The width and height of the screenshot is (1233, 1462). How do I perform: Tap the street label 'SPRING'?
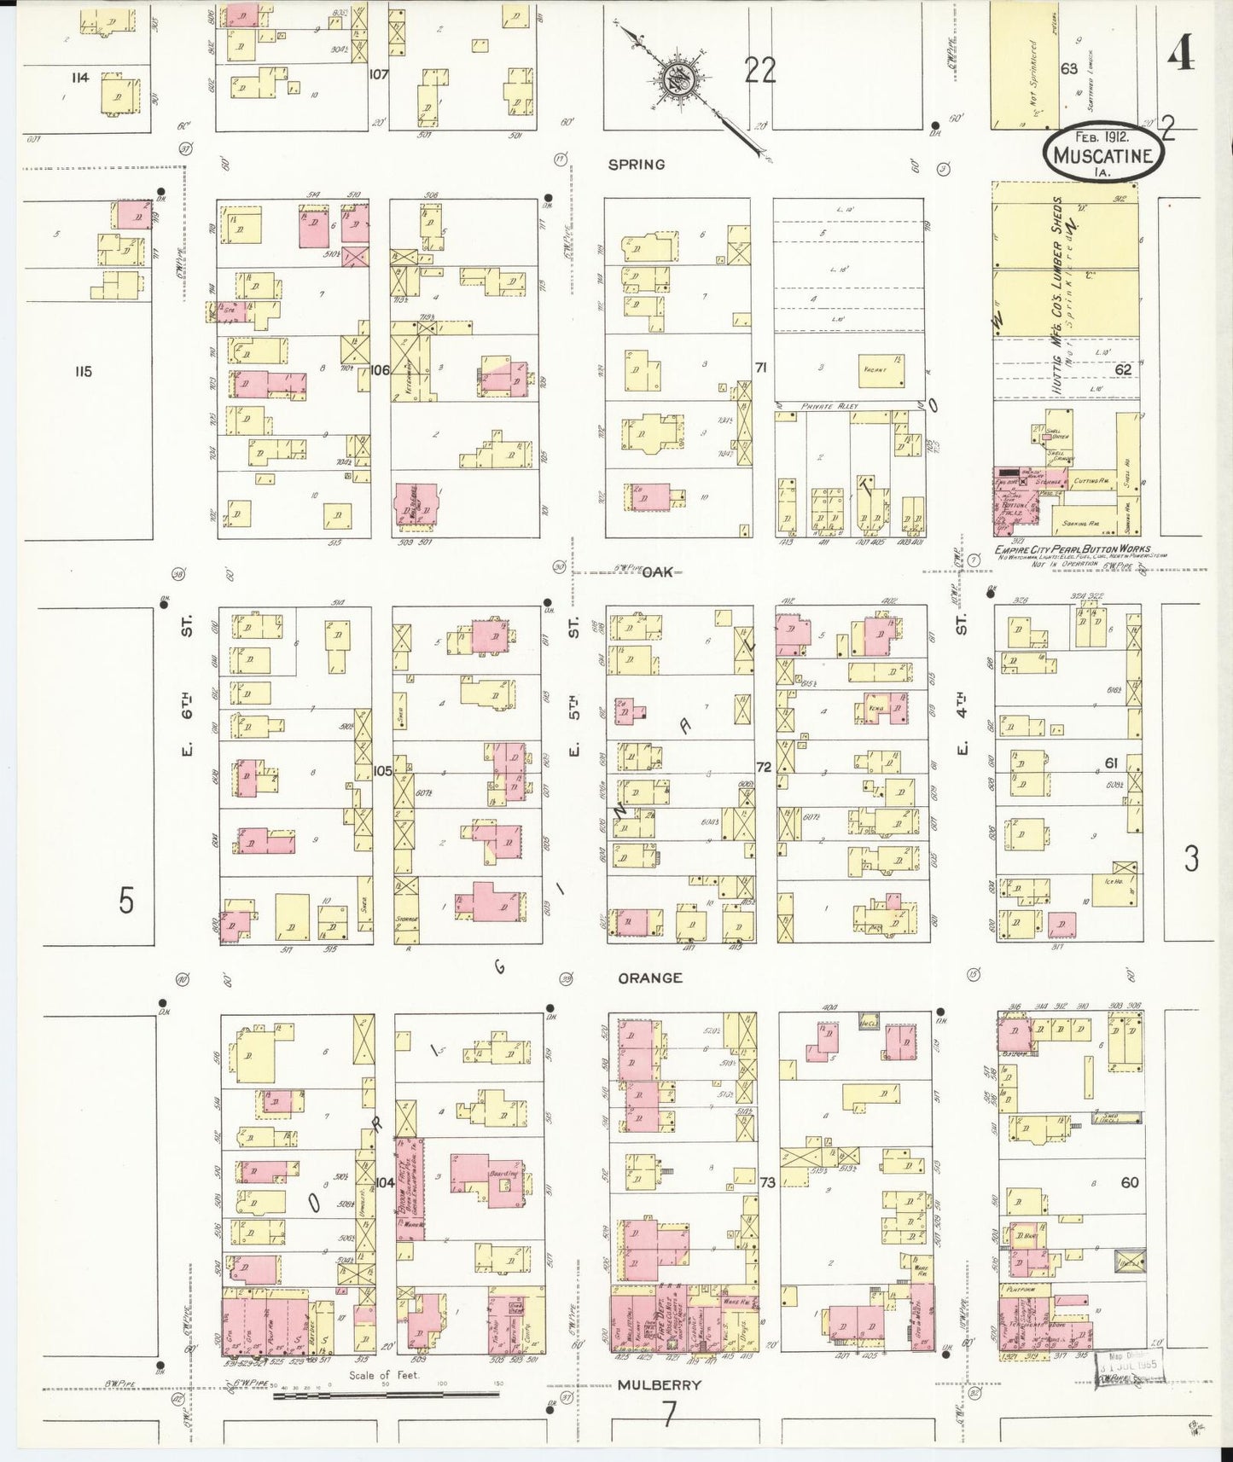(x=636, y=165)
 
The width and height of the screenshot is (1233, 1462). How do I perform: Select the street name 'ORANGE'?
(x=650, y=978)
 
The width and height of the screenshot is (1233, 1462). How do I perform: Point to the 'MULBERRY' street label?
(x=659, y=1384)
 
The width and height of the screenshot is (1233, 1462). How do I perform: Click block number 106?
(x=380, y=370)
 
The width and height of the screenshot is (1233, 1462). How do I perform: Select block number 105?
(x=382, y=770)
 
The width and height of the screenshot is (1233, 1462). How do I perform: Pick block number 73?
(x=768, y=1182)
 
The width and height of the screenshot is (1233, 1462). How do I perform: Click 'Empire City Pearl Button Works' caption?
(x=1072, y=549)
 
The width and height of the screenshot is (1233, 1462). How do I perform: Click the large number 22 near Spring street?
(x=759, y=71)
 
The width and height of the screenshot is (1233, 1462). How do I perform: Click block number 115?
(x=82, y=371)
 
